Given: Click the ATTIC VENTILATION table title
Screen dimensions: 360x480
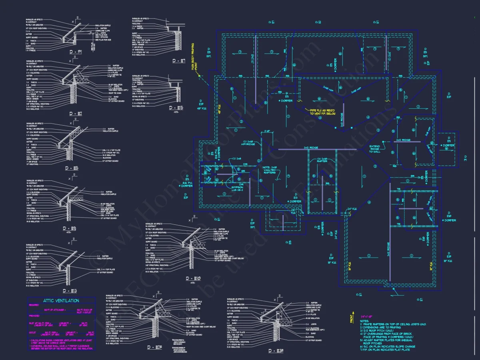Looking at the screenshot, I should (x=61, y=301).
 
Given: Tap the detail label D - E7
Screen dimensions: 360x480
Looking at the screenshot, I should (x=179, y=61).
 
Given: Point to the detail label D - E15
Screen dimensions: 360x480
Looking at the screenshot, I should (x=176, y=108).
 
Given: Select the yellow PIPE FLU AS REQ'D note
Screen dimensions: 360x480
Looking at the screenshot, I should (x=318, y=112).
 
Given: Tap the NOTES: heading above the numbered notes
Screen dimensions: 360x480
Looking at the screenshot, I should (x=364, y=321).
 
